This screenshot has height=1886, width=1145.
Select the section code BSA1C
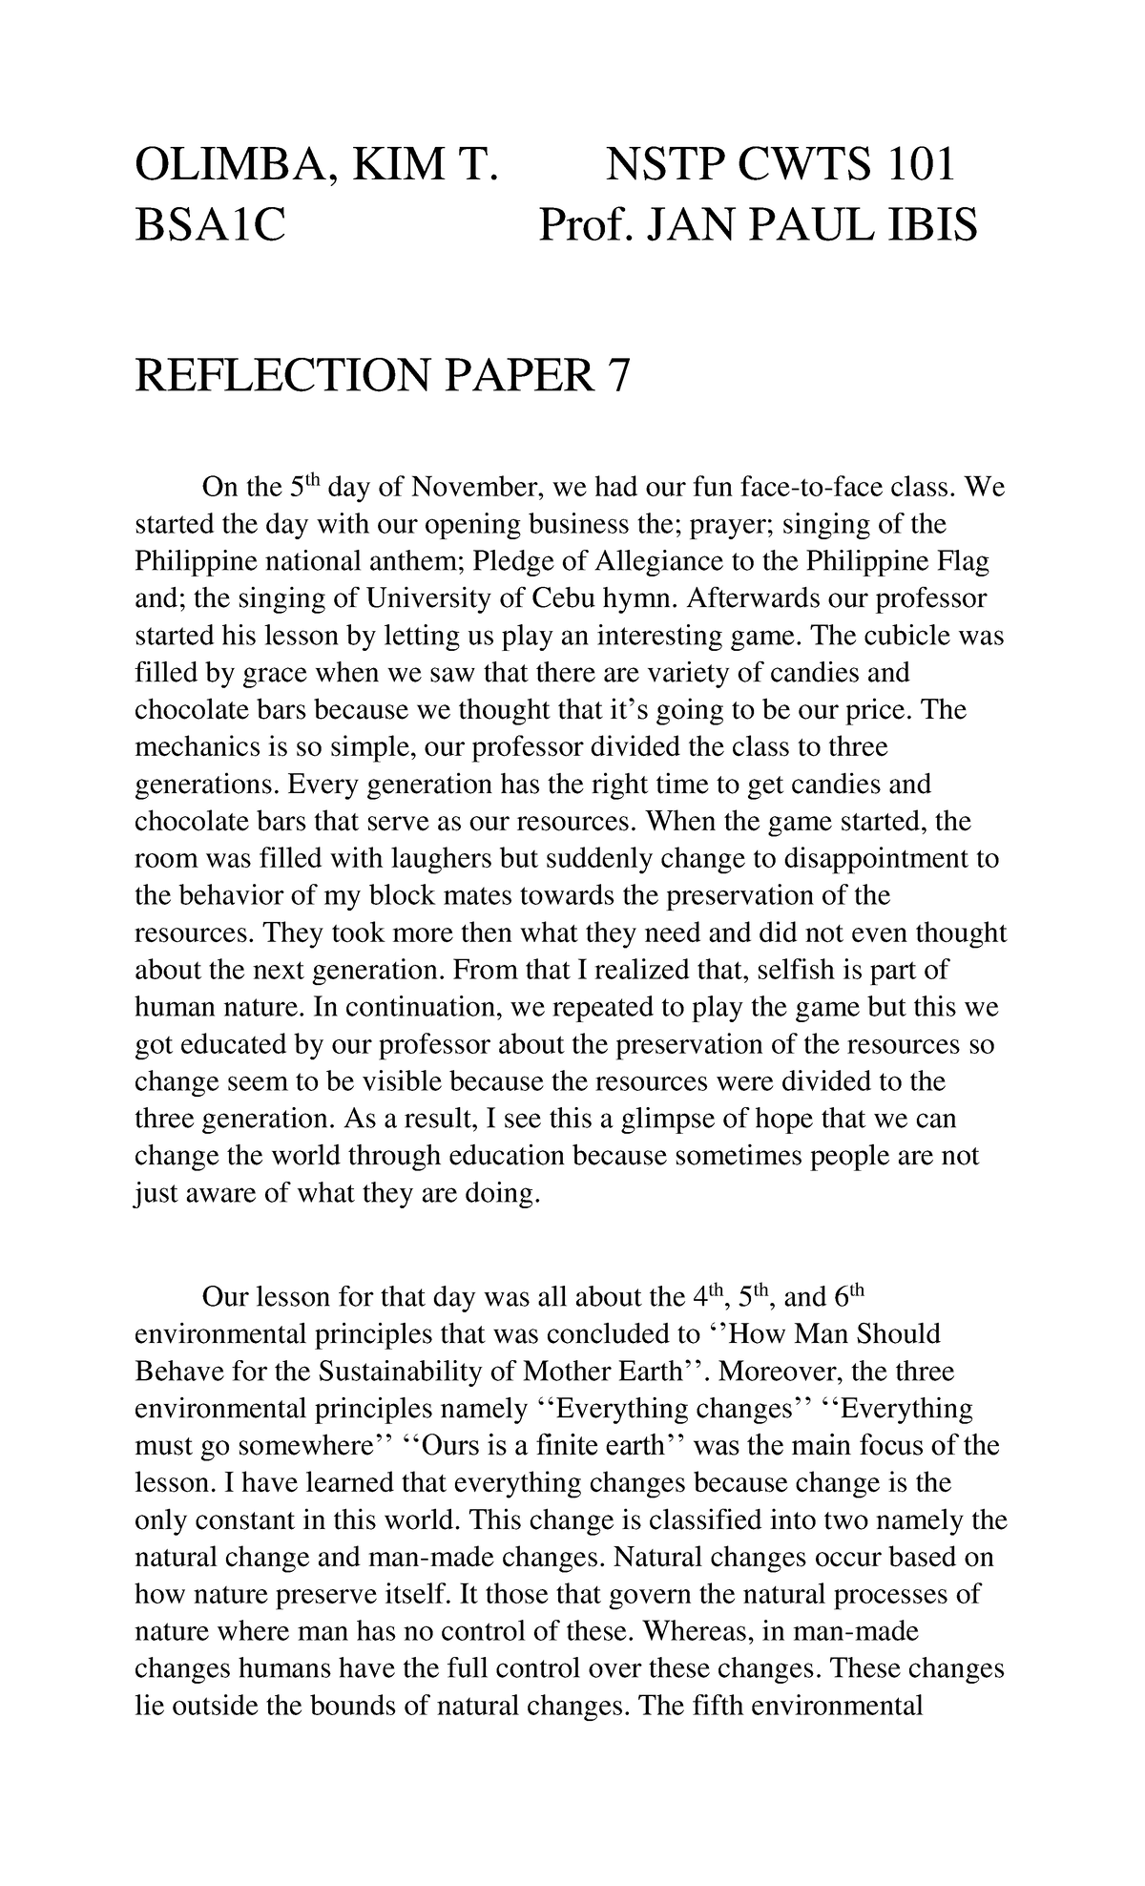(210, 227)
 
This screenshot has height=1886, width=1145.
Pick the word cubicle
(892, 636)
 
